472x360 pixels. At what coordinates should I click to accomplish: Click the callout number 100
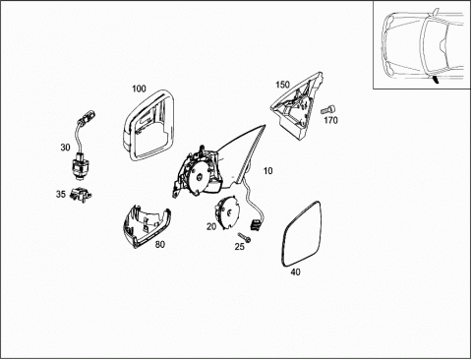[139, 89]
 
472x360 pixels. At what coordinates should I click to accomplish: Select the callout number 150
[282, 85]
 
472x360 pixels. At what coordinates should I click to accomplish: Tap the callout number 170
[330, 120]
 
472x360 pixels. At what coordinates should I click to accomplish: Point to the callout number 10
[268, 171]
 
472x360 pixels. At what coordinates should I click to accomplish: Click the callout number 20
[211, 226]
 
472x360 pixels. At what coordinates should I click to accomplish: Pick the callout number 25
[240, 246]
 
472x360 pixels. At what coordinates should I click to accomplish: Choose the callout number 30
[65, 148]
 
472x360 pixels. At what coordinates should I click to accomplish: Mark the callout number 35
[61, 194]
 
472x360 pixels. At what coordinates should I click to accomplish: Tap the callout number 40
[295, 271]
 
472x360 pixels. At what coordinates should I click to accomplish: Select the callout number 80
[160, 244]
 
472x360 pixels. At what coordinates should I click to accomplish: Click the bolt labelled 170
[327, 109]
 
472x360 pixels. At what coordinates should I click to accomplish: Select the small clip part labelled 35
[81, 195]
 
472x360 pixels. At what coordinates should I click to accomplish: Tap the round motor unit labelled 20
[227, 212]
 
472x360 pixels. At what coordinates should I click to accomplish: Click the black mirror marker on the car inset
[436, 80]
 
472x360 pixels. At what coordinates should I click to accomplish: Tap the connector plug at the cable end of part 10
[255, 224]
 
